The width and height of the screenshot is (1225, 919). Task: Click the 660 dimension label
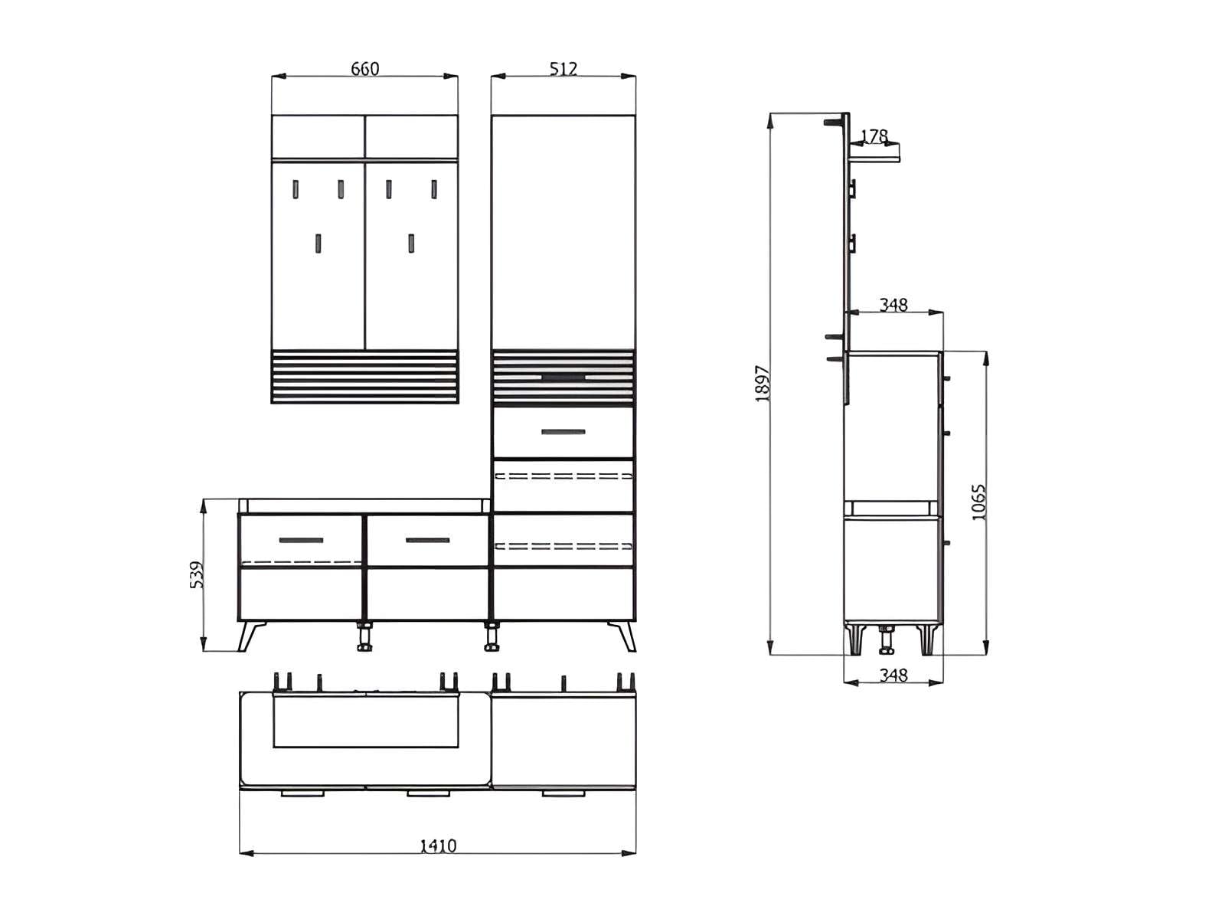[x=364, y=69]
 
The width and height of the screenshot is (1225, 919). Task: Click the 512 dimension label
[x=563, y=69]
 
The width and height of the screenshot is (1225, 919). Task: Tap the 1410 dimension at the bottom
[x=438, y=845]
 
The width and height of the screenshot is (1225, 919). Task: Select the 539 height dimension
[x=198, y=574]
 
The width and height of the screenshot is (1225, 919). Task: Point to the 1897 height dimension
[x=763, y=383]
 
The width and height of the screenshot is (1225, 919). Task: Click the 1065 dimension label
[x=979, y=502]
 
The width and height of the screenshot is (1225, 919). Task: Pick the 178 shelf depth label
[x=874, y=136]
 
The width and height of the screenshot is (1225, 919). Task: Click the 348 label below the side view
[x=893, y=675]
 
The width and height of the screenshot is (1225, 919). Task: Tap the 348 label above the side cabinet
[x=893, y=305]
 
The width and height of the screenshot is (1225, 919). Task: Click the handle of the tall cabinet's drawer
[x=563, y=432]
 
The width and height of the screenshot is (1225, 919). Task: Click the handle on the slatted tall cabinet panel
[x=563, y=377]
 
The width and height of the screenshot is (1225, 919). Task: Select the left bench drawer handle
[x=301, y=540]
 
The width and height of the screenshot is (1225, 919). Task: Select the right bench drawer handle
[x=427, y=540]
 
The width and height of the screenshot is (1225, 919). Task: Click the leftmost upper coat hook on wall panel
[x=296, y=188]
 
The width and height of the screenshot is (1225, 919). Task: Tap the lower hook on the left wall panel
[x=318, y=244]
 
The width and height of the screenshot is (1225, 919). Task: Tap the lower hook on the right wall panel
[x=411, y=244]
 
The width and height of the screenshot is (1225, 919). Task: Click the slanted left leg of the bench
[x=250, y=636]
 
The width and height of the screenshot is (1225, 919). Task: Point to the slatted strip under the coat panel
[x=364, y=377]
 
